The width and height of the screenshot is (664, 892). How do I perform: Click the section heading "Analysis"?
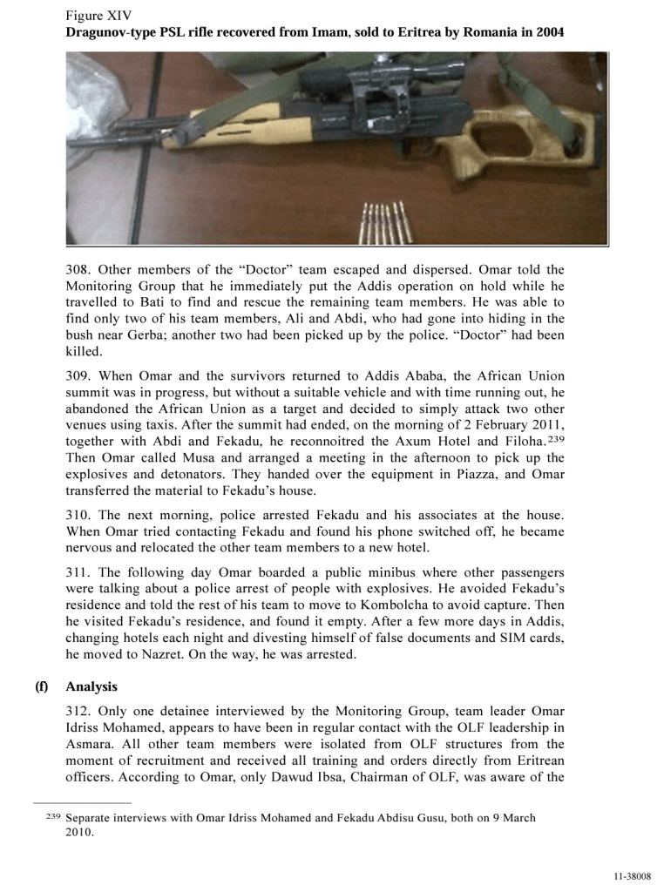(x=91, y=687)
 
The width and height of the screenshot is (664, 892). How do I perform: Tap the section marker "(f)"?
(x=41, y=687)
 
